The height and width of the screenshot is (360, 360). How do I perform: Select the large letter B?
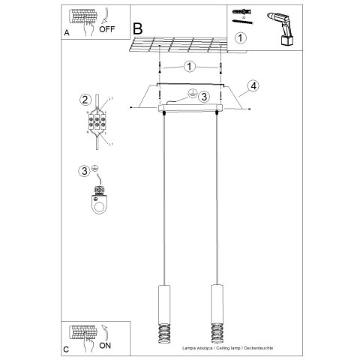coord(137,28)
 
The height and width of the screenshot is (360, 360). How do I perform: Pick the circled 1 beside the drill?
coord(240,37)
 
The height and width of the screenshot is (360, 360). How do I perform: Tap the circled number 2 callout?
coord(85,99)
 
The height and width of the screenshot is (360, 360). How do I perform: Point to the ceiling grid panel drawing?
coord(180,46)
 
